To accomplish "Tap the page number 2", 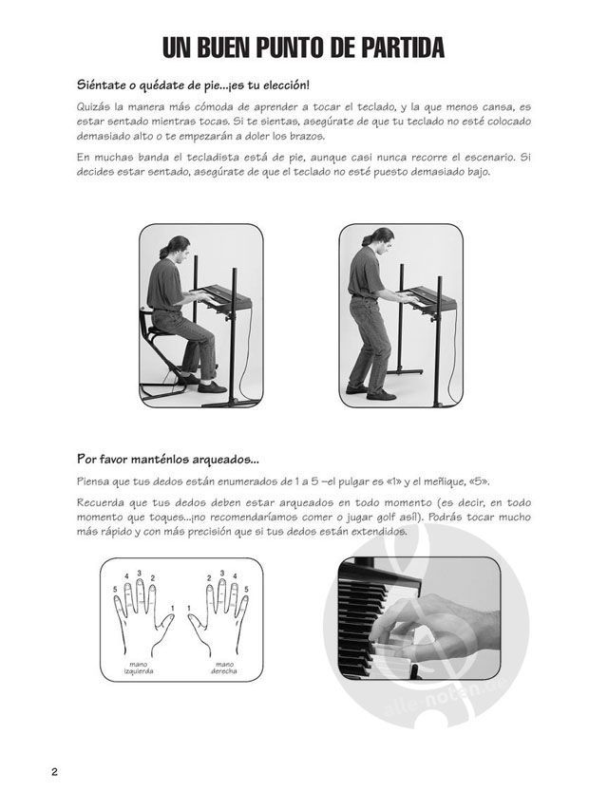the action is coord(54,772).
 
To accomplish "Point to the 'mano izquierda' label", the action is coord(139,668).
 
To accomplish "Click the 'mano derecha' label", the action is coord(224,668).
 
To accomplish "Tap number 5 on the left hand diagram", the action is coord(115,589).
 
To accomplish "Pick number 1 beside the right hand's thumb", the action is coord(189,608).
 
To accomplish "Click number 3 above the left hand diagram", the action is coord(140,573).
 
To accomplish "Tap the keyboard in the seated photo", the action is coord(225,296).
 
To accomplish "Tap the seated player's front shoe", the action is coord(212,386).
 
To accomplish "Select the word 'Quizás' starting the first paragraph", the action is coord(92,107).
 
